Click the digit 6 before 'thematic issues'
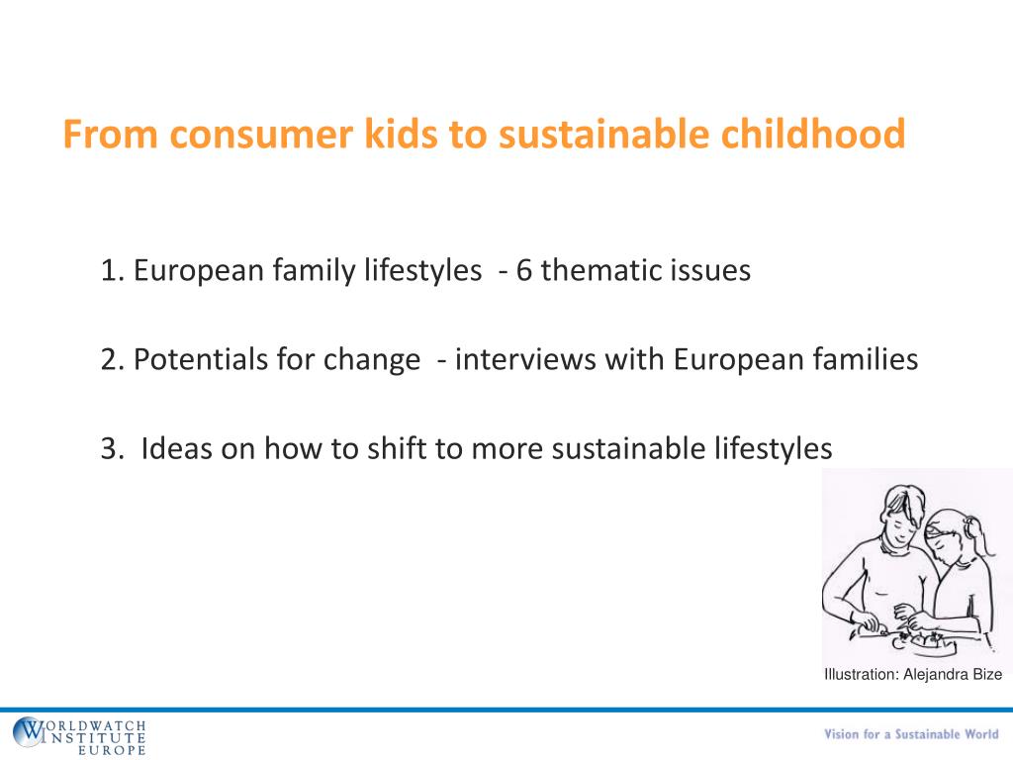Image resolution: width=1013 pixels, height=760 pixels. tap(523, 270)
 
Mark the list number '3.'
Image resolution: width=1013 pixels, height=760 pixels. tap(113, 448)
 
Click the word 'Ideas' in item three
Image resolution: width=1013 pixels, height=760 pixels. tap(176, 448)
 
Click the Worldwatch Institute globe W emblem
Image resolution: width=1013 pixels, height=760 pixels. tap(29, 733)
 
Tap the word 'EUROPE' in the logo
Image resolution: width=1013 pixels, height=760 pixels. tap(111, 750)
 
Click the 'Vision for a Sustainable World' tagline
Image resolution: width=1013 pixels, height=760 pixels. tap(911, 734)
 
